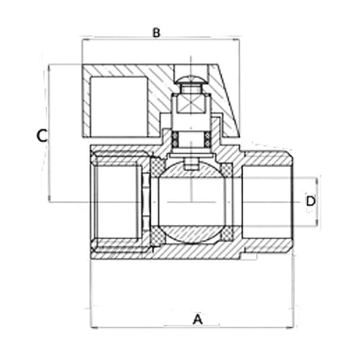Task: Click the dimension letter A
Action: [197, 319]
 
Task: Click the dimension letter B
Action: [157, 32]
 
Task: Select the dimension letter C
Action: [42, 136]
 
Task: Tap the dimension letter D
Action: [311, 201]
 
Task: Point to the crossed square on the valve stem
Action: [190, 104]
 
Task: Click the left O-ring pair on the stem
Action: [175, 140]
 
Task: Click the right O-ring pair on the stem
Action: [208, 140]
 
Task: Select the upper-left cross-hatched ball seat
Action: [157, 167]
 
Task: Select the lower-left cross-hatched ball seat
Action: [157, 236]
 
